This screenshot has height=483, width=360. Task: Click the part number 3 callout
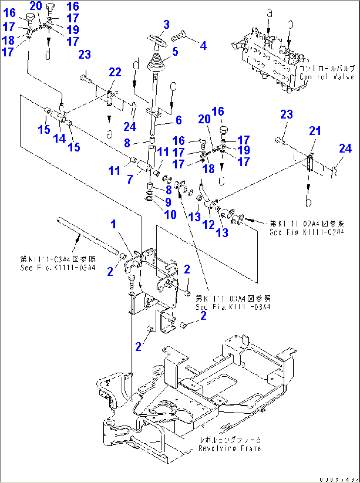[166, 25]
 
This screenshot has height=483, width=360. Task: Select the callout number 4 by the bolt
[203, 46]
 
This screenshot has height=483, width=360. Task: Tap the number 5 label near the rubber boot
[175, 52]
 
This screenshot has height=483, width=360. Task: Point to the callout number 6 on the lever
[178, 120]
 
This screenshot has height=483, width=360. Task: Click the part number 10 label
[170, 215]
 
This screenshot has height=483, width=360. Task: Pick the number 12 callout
[208, 225]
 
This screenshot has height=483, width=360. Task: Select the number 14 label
[59, 139]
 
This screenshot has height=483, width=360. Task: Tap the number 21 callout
[315, 131]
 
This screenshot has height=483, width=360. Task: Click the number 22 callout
[115, 72]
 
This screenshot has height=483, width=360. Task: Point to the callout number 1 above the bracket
[113, 224]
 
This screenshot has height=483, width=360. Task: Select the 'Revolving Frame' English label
[230, 448]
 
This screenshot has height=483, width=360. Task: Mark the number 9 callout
[168, 202]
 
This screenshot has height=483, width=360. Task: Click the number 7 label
[130, 180]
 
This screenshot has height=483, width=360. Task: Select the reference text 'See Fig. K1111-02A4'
[306, 232]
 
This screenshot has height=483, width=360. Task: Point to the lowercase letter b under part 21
[308, 201]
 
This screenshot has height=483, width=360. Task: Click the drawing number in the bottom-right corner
[339, 479]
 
